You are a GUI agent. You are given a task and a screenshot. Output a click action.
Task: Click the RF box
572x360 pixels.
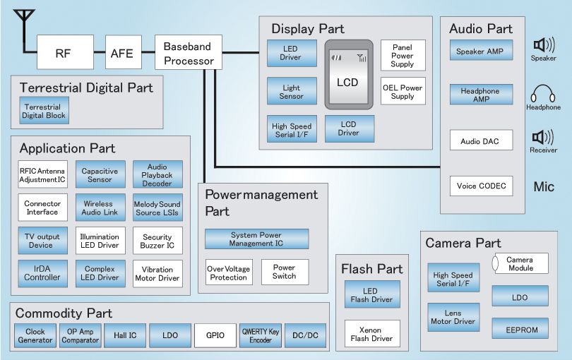click(65, 53)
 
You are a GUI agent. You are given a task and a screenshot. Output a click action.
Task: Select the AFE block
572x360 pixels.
click(121, 53)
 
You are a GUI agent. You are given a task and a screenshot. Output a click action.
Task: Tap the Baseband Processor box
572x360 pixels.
click(189, 53)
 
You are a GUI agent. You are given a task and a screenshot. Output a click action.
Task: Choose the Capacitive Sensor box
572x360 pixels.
click(100, 175)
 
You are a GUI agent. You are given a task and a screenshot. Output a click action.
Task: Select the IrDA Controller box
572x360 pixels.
click(42, 273)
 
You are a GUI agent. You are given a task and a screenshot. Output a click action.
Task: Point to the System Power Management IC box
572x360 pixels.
click(256, 239)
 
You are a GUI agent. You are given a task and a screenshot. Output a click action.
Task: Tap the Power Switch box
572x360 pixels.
click(285, 272)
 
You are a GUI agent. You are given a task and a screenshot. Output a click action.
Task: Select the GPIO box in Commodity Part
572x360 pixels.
click(215, 335)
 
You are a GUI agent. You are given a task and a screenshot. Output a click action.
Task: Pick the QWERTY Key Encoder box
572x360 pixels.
click(261, 335)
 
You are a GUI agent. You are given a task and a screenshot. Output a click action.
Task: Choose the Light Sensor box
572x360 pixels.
click(291, 91)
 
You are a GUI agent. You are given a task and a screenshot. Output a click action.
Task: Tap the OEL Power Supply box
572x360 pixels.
click(403, 92)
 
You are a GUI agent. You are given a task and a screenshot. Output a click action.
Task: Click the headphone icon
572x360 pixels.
click(543, 94)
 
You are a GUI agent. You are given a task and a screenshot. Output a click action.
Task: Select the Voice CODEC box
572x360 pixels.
click(480, 186)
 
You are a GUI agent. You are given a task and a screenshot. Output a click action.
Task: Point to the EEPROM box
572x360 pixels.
click(520, 328)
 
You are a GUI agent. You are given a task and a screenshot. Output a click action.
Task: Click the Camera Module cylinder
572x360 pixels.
click(519, 264)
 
